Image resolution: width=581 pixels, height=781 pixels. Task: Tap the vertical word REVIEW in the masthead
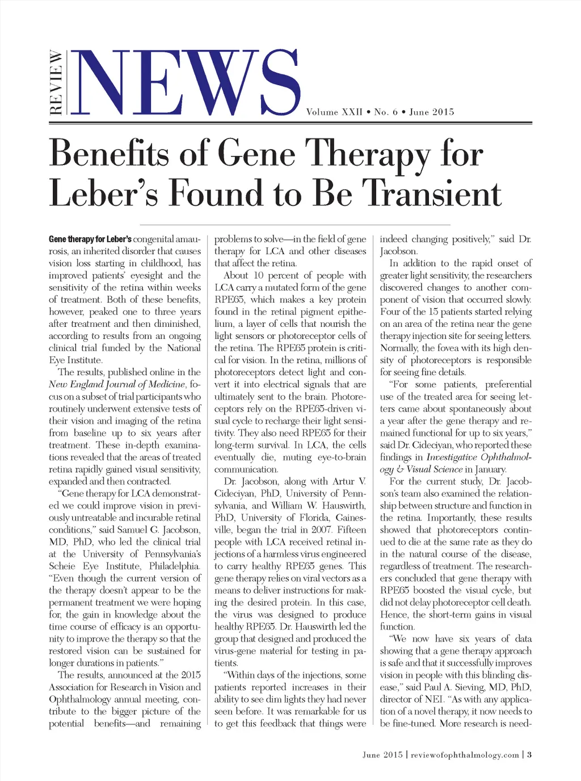point(56,82)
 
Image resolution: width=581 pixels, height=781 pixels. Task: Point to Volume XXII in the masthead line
point(334,112)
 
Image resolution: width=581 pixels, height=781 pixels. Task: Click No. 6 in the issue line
point(386,112)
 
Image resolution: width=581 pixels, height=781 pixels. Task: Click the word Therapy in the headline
point(366,154)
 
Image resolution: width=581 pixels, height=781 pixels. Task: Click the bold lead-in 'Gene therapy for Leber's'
point(90,240)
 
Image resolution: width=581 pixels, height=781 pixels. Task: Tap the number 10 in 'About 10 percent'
point(258,275)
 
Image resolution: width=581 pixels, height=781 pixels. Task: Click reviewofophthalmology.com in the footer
point(465,755)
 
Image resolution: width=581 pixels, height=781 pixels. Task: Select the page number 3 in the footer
point(529,755)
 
